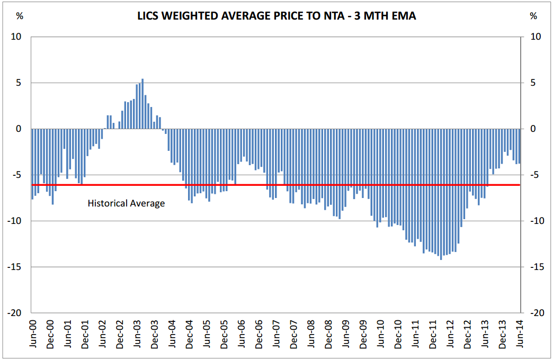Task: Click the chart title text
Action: click(x=275, y=16)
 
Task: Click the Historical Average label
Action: click(x=126, y=203)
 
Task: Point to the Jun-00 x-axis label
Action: click(x=33, y=334)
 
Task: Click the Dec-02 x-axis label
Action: click(x=120, y=334)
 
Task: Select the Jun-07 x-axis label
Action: click(x=276, y=334)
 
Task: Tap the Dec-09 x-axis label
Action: click(x=363, y=334)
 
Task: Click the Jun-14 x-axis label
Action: click(x=520, y=334)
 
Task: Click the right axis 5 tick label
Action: click(x=533, y=83)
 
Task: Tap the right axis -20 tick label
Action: click(x=536, y=313)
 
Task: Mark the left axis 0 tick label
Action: click(x=19, y=129)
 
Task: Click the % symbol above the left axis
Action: click(x=20, y=16)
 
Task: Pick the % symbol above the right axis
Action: click(x=533, y=16)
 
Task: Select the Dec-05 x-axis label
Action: click(x=224, y=334)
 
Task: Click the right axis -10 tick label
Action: click(x=536, y=221)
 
